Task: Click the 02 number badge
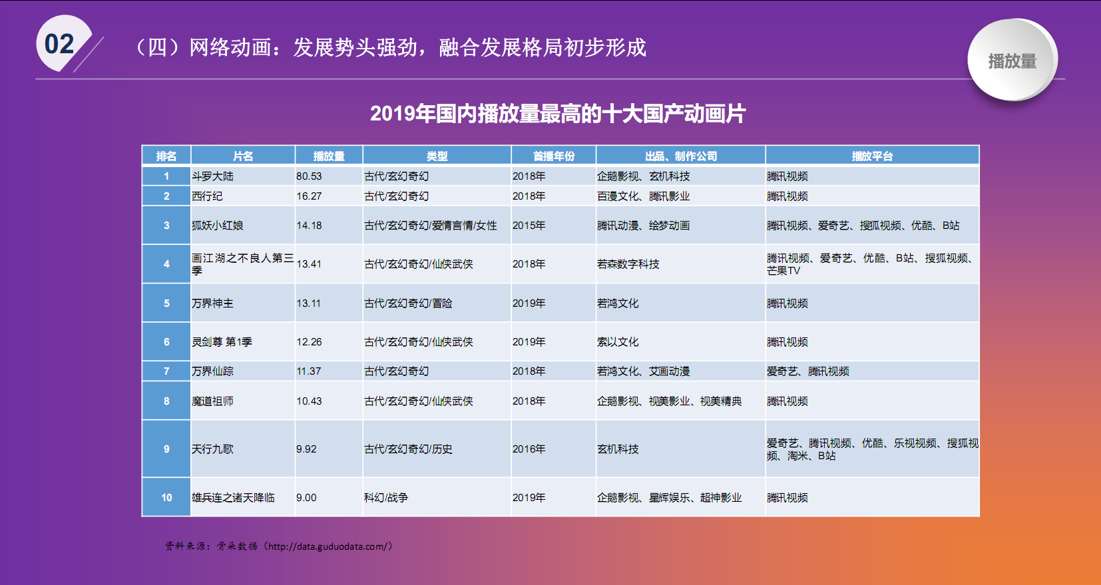pyautogui.click(x=62, y=43)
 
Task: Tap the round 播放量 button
pyautogui.click(x=1012, y=60)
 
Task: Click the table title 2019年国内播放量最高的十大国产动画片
pyautogui.click(x=558, y=114)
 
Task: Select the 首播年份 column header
pyautogui.click(x=553, y=156)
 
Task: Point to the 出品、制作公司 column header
pyautogui.click(x=681, y=156)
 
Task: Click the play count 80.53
pyautogui.click(x=309, y=176)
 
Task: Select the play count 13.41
pyautogui.click(x=309, y=264)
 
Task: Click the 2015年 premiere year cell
pyautogui.click(x=529, y=225)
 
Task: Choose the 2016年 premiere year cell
pyautogui.click(x=529, y=449)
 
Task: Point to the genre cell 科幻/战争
pyautogui.click(x=386, y=498)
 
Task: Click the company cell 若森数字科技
pyautogui.click(x=628, y=264)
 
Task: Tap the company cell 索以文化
pyautogui.click(x=617, y=341)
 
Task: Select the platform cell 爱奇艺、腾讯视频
pyautogui.click(x=807, y=371)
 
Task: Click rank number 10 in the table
pyautogui.click(x=166, y=498)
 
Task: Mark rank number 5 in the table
pyautogui.click(x=166, y=303)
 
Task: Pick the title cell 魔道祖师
pyautogui.click(x=212, y=401)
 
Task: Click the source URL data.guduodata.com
pyautogui.click(x=330, y=546)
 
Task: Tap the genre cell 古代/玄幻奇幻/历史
pyautogui.click(x=408, y=449)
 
